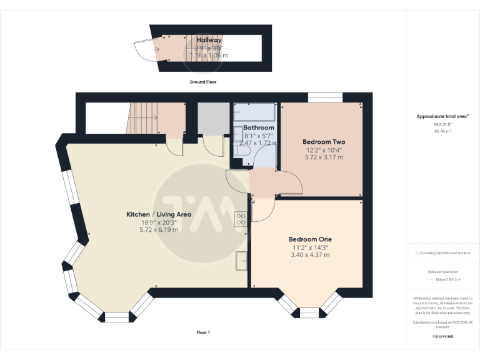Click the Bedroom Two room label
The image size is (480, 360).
pos(322,141)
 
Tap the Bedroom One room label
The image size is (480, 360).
pos(310,239)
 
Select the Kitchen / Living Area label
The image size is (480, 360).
pos(159,214)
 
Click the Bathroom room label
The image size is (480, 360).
pos(259,127)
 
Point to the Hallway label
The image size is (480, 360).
pos(208,40)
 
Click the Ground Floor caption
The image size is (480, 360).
pos(203,82)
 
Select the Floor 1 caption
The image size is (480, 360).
pos(203,332)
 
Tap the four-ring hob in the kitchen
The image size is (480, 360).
pos(241,218)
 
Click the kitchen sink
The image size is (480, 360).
pos(241,260)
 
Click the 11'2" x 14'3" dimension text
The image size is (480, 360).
pos(310,247)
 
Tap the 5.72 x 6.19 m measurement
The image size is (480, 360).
pos(159,229)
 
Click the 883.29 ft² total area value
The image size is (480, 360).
pos(442,124)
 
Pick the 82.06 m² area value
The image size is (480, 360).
pos(442,131)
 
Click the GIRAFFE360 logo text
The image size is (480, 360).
pos(442,337)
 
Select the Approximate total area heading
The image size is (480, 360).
pos(442,116)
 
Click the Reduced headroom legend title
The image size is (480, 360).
pos(442,272)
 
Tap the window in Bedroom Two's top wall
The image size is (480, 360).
pos(326,97)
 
